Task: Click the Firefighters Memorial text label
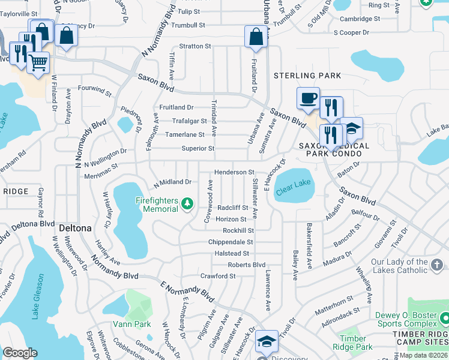[x=160, y=205]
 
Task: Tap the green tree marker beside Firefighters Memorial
[x=187, y=205]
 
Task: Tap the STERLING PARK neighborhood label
[x=307, y=76]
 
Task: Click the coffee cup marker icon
[x=308, y=98]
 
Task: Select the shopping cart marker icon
[x=38, y=62]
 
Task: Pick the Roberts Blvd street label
[x=246, y=265]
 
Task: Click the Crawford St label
[x=218, y=276]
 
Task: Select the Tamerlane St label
[x=185, y=135]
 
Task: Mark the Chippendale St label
[x=231, y=242]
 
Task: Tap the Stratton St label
[x=195, y=46]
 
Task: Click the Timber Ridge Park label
[x=354, y=343]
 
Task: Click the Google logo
[x=20, y=353]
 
